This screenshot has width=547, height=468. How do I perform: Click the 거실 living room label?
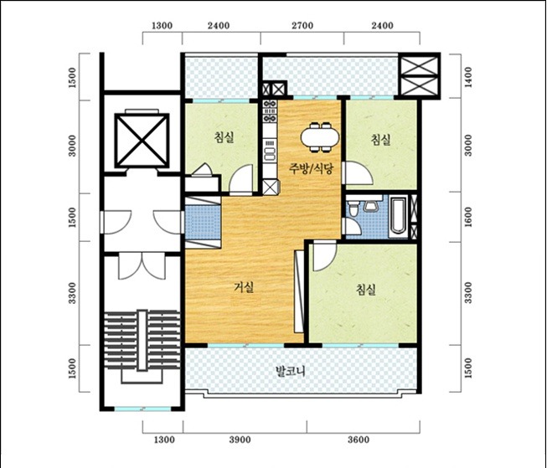point(244,287)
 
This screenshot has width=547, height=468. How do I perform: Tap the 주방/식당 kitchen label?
point(311,168)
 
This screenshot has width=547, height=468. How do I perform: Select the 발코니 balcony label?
point(290,371)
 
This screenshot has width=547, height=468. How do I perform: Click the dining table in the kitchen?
point(320,137)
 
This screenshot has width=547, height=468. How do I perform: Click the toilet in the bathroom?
point(353,208)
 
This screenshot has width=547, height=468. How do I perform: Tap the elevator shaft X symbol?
point(142,141)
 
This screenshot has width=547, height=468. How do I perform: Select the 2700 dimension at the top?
point(302,25)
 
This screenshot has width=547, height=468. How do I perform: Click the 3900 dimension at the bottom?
point(240,440)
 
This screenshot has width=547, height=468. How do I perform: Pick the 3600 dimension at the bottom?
point(359,440)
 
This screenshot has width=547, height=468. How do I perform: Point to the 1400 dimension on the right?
point(467,77)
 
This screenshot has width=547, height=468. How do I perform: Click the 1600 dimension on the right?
point(467,217)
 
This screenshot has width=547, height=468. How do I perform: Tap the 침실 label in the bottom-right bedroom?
point(366,289)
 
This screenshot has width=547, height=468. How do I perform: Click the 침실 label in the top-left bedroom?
point(224,137)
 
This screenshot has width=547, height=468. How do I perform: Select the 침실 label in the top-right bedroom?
point(380,140)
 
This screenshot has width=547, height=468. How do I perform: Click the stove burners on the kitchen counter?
point(270,111)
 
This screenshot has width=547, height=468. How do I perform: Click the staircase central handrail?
point(142,340)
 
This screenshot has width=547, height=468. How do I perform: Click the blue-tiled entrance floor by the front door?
point(203,223)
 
